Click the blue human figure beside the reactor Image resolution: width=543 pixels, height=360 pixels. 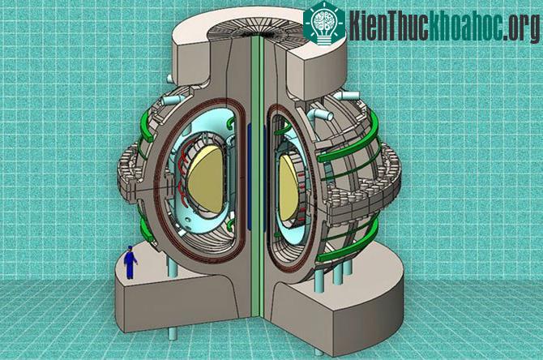(130, 262)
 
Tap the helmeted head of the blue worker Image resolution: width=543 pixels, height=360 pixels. (130, 248)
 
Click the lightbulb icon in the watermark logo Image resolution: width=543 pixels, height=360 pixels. (324, 24)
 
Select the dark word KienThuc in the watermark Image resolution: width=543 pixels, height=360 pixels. (388, 24)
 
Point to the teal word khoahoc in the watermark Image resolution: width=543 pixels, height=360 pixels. (466, 24)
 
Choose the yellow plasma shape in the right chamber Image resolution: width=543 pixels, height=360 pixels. (289, 187)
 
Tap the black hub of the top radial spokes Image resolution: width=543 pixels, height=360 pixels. (257, 34)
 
